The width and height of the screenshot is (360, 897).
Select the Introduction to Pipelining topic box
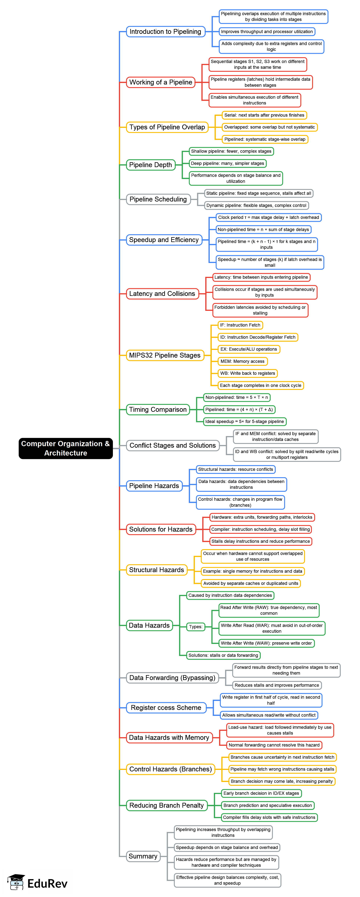165,32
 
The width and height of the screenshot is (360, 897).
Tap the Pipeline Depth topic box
150,165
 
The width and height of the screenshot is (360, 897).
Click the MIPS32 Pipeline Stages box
165,355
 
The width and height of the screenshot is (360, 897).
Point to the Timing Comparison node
158,410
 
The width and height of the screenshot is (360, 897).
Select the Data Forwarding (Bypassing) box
172,678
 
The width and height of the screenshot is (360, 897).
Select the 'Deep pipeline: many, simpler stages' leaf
227,163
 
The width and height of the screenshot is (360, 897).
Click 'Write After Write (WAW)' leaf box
266,643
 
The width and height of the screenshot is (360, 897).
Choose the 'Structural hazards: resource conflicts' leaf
235,469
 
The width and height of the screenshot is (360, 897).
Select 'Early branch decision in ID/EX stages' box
261,793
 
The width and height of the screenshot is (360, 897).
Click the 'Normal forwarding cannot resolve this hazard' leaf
274,745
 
